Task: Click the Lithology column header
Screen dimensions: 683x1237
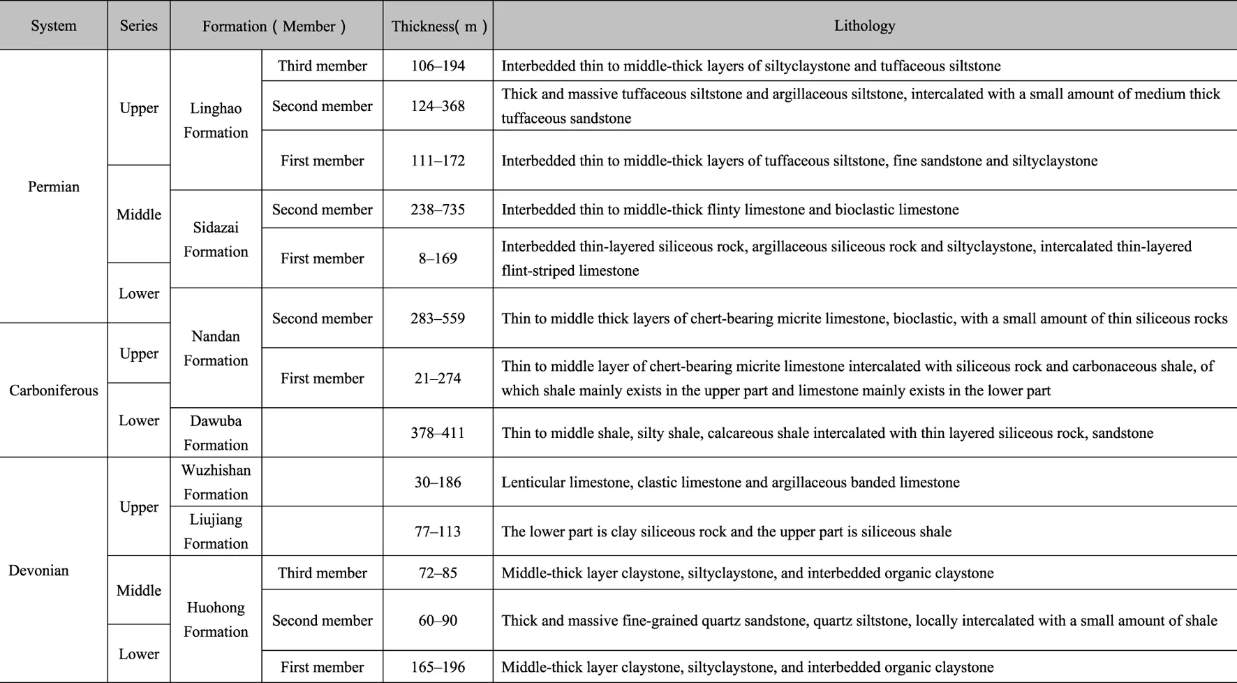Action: (864, 26)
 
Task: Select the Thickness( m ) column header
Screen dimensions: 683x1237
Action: (438, 26)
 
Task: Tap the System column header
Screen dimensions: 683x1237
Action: (54, 26)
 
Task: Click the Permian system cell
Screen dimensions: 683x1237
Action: (54, 186)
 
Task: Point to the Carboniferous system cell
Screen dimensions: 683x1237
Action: (54, 390)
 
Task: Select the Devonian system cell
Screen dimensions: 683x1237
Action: (39, 571)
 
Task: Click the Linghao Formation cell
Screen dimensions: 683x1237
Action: (216, 120)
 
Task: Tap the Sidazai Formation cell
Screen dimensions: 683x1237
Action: (216, 240)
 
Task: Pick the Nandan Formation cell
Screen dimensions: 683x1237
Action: (216, 348)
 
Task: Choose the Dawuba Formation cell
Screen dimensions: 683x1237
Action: (216, 433)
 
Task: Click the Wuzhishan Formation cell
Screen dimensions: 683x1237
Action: (216, 482)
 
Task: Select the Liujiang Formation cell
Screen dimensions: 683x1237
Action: (216, 531)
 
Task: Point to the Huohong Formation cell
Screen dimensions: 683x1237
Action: (216, 619)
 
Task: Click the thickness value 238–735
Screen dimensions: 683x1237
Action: (438, 210)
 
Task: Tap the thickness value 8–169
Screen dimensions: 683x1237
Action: (438, 258)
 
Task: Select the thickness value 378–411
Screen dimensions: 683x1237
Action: (438, 433)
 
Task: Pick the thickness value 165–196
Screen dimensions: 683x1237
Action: (438, 667)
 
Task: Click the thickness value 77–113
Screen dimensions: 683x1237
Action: (438, 531)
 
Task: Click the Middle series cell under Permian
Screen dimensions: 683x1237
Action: (139, 214)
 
